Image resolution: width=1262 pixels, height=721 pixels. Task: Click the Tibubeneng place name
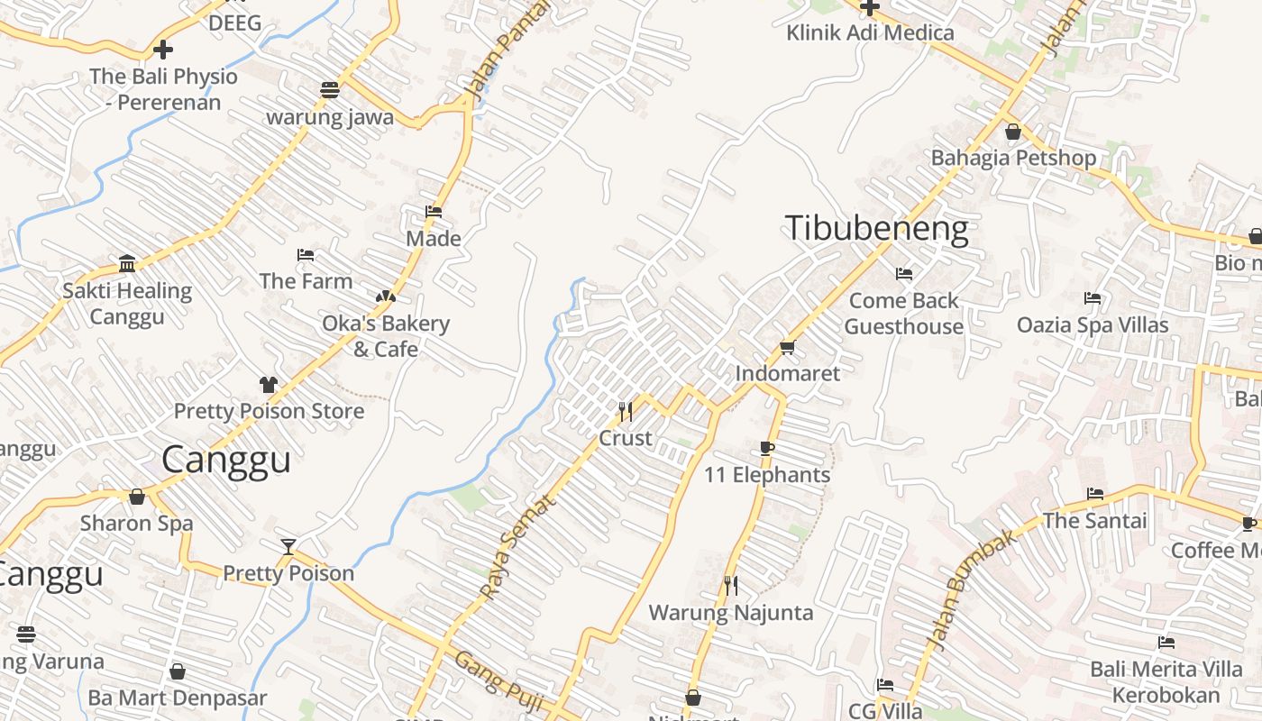tap(876, 229)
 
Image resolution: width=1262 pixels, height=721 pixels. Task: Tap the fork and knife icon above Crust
tap(626, 412)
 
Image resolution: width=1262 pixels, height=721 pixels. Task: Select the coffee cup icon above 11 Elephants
tap(767, 448)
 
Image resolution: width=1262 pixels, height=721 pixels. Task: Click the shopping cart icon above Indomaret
tap(787, 347)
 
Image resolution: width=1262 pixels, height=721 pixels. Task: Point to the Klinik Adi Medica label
tap(870, 33)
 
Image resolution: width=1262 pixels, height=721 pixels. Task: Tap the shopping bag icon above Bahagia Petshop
tap(1013, 132)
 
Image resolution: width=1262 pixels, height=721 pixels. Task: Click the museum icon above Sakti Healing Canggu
tap(127, 264)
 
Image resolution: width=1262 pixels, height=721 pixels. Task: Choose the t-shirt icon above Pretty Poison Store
tap(268, 385)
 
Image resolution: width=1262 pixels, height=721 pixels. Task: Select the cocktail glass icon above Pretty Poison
tap(288, 546)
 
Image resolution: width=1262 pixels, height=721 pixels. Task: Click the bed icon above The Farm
tap(306, 255)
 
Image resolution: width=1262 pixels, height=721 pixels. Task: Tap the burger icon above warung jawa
tap(330, 90)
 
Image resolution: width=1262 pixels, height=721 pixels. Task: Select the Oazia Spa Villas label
tap(1093, 324)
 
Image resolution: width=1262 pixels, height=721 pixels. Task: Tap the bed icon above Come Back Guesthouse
tap(904, 274)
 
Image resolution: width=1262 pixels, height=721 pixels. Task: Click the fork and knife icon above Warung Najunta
tap(731, 586)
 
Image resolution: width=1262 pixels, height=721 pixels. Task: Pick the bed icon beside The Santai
tap(1095, 494)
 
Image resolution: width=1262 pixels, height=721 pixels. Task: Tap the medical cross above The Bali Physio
tap(163, 50)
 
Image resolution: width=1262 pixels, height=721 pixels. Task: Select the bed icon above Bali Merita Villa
tap(1166, 643)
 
